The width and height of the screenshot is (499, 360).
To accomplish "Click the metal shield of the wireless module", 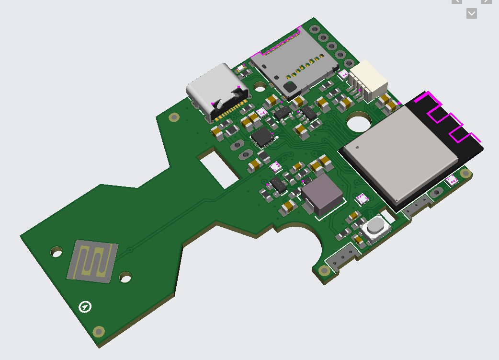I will [x=400, y=152].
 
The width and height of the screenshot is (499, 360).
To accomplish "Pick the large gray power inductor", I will [x=321, y=194].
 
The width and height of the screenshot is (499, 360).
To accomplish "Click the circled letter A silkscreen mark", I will [x=85, y=306].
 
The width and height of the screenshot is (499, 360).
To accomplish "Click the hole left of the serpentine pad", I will [x=57, y=251].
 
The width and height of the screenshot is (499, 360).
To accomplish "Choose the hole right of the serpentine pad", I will [x=125, y=277].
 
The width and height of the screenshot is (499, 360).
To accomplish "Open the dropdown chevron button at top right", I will [x=471, y=13].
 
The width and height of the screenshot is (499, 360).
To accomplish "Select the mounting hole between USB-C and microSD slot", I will [x=260, y=87].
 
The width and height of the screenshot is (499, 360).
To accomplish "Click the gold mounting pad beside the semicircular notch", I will [x=325, y=271].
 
